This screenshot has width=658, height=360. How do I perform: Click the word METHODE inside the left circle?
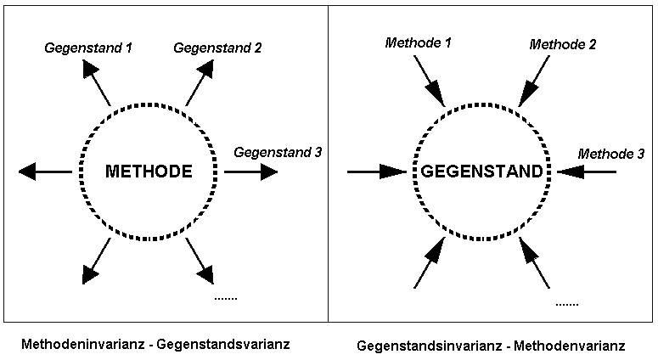[x=149, y=172]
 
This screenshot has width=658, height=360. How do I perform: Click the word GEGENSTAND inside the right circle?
[x=481, y=172]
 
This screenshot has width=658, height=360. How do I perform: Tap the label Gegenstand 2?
[x=217, y=48]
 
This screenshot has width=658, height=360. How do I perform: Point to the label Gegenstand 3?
[x=277, y=153]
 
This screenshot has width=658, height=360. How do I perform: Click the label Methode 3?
[x=610, y=154]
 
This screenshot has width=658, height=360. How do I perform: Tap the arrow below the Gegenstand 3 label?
[x=252, y=172]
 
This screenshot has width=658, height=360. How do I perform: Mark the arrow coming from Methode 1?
[x=430, y=81]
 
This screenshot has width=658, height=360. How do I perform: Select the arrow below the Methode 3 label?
[x=588, y=172]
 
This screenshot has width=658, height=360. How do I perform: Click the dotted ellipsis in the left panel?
[x=225, y=298]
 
